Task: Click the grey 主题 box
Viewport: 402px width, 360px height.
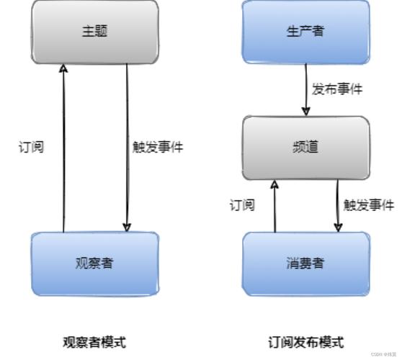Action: tap(94, 32)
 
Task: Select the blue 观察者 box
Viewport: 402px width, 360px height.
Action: tap(94, 263)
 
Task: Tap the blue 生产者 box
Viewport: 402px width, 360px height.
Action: tap(305, 32)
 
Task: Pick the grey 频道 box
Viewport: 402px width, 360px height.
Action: tap(305, 148)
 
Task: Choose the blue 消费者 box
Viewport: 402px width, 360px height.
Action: tap(305, 263)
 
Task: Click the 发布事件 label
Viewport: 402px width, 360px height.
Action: tap(336, 89)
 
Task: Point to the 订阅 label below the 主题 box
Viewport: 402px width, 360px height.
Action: tap(30, 147)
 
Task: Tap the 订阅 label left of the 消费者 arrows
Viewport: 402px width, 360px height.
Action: tap(241, 205)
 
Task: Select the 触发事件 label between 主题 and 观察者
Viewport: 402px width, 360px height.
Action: tap(158, 147)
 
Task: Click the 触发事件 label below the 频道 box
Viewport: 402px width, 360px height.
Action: tap(368, 205)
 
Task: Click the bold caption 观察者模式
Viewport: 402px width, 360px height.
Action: tap(94, 341)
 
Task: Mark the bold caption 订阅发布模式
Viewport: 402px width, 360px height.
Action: tap(306, 341)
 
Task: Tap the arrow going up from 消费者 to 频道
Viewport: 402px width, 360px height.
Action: tap(274, 206)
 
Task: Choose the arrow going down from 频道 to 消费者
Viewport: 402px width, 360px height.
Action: tap(338, 206)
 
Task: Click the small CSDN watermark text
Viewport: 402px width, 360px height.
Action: tap(385, 355)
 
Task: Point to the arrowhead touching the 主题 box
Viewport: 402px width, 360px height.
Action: tap(63, 68)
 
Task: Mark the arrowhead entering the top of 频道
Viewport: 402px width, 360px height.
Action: tap(306, 112)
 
